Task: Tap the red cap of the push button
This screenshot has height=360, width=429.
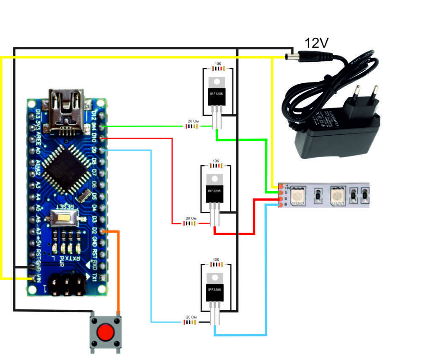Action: pos(106,333)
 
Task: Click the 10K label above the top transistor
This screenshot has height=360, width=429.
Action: pos(218,64)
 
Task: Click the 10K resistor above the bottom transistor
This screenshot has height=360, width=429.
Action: pos(216,265)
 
